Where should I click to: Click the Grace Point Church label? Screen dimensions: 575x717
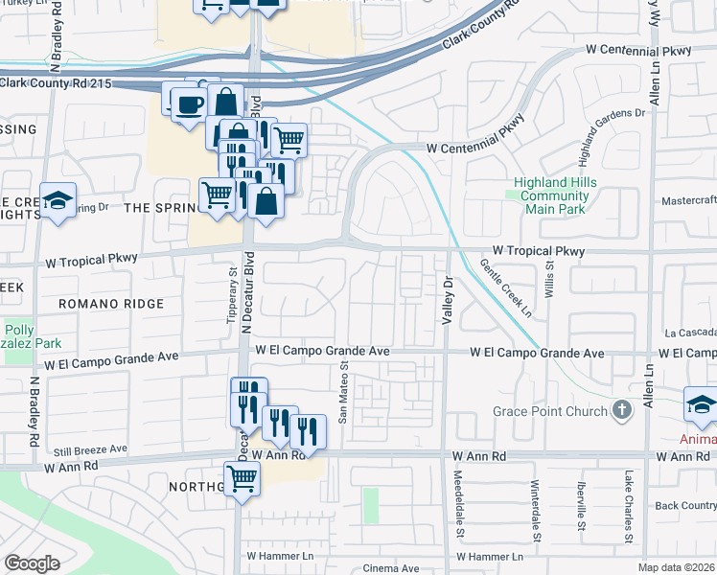[x=550, y=411]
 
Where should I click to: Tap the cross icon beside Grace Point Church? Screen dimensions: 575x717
[x=623, y=411]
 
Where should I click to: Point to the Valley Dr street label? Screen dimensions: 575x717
[x=446, y=300]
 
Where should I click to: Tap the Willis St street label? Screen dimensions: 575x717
[x=550, y=273]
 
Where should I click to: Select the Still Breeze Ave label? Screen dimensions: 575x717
[x=91, y=448]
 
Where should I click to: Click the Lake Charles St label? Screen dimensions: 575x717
[x=629, y=506]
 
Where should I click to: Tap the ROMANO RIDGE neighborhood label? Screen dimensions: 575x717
[x=111, y=303]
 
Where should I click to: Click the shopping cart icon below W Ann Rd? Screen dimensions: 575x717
[x=242, y=478]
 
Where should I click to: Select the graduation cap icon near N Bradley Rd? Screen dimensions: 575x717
[x=58, y=201]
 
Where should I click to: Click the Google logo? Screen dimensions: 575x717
[x=32, y=563]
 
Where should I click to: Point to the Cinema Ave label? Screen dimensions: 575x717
[x=390, y=568]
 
